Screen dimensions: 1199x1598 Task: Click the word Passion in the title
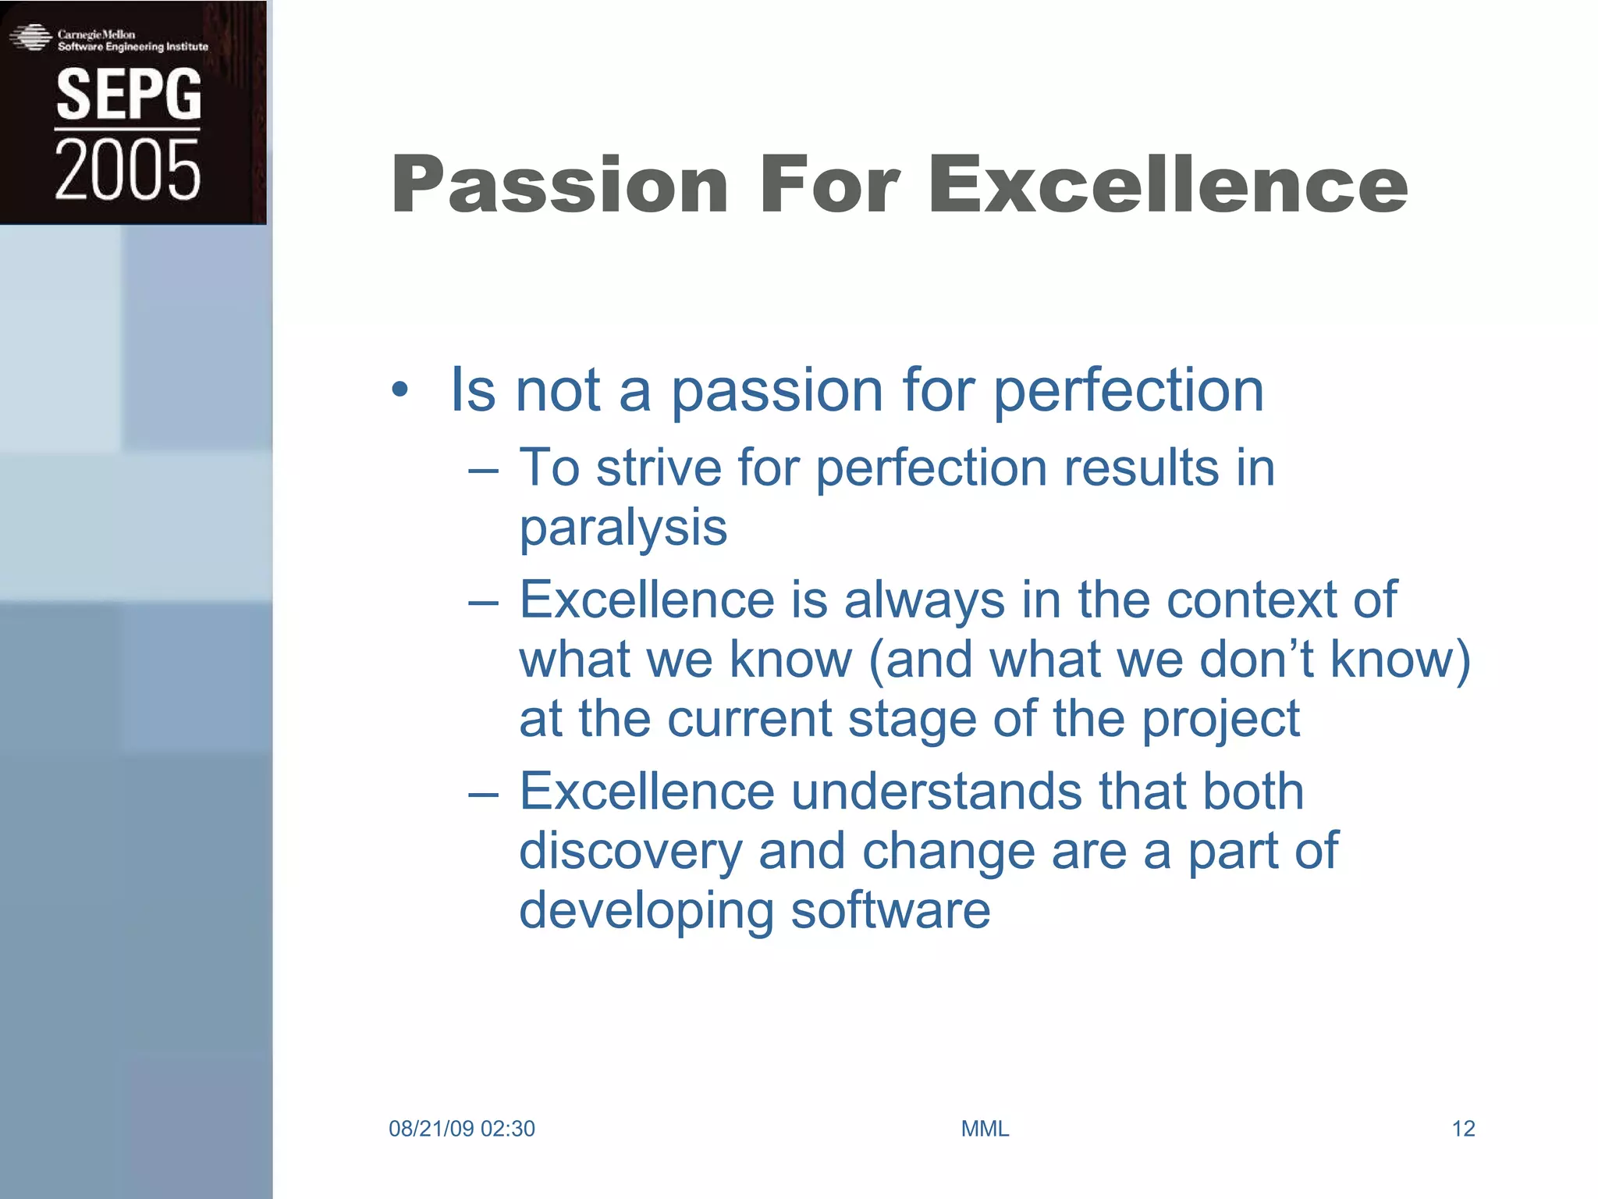pos(559,185)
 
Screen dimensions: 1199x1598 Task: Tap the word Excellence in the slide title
pos(1167,185)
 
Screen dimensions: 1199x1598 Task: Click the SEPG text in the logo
pos(129,94)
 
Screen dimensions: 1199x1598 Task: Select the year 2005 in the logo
pos(127,170)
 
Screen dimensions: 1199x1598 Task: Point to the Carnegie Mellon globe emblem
pos(30,37)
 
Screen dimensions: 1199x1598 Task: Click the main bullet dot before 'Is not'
pos(399,390)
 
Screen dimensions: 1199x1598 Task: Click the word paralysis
pos(623,528)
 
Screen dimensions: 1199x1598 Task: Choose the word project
pos(1220,719)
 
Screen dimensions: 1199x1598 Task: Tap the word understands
pos(936,792)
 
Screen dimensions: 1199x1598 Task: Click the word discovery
pos(630,851)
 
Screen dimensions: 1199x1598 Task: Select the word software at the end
pos(890,910)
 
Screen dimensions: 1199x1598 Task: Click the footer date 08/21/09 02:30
pos(461,1129)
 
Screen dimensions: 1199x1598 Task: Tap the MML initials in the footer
pos(985,1129)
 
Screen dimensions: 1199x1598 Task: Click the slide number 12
pos(1462,1129)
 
